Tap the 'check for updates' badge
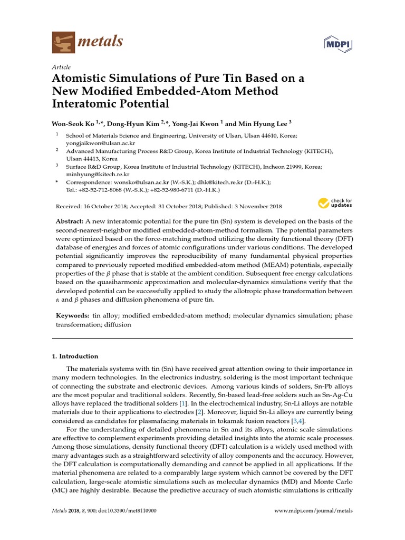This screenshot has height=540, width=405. [x=335, y=203]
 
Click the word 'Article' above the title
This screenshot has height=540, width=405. [x=61, y=67]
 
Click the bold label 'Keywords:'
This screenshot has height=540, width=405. [x=73, y=315]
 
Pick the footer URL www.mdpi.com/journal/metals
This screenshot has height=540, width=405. [x=314, y=510]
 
